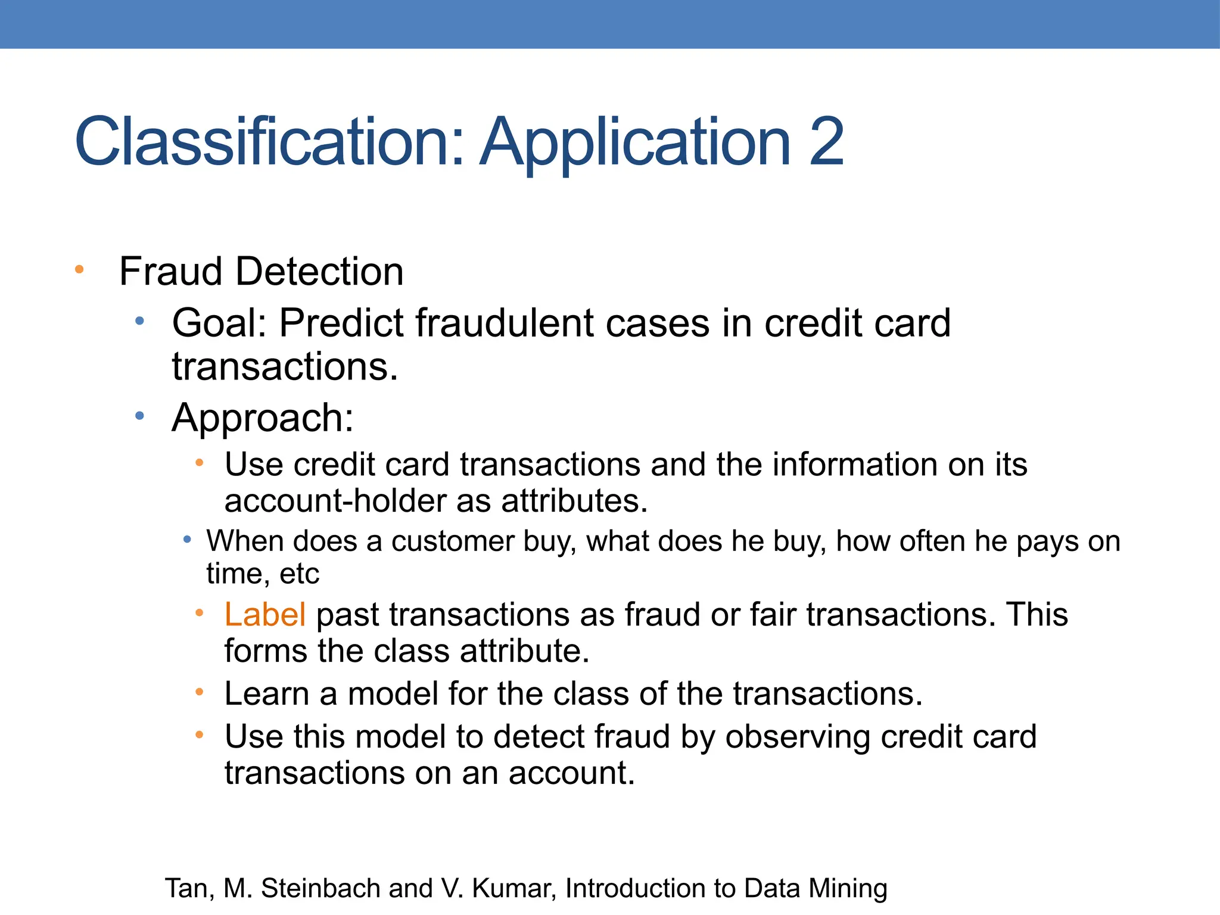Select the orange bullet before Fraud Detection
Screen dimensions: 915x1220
point(79,270)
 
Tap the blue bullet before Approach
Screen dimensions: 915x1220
point(139,416)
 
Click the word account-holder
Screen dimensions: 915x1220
point(340,501)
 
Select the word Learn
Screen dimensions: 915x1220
point(266,694)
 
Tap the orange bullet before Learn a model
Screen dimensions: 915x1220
point(200,692)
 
